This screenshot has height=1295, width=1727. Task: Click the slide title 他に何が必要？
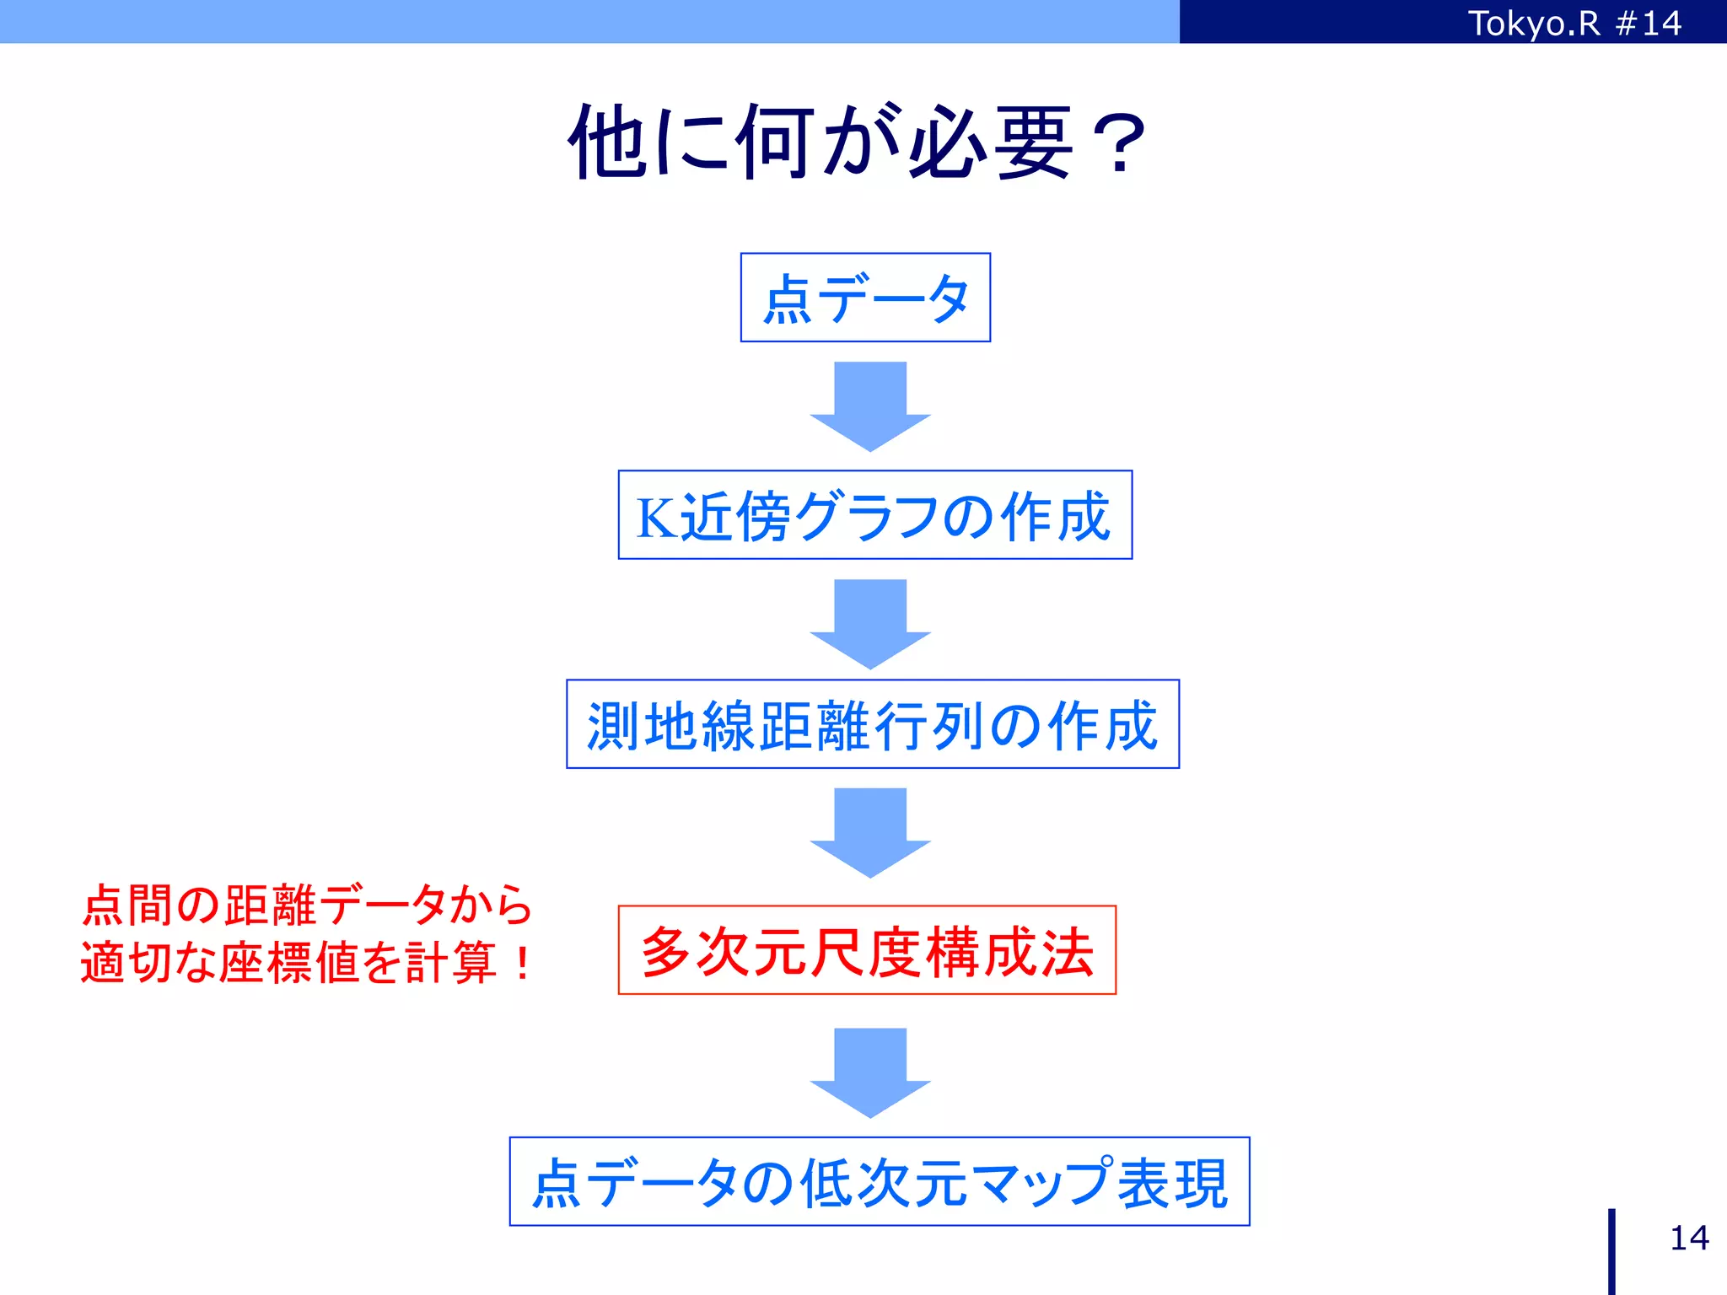point(857,142)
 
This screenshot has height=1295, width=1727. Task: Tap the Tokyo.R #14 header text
point(1574,23)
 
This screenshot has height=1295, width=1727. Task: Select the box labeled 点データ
point(865,298)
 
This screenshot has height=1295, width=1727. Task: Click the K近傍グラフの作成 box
point(874,515)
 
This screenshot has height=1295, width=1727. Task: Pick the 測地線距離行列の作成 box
point(872,724)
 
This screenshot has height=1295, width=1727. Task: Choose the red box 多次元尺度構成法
point(867,950)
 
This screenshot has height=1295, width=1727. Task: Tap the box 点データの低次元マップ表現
point(879,1181)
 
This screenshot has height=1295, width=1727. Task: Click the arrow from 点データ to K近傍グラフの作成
point(870,406)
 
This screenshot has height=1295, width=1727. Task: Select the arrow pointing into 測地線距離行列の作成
point(870,623)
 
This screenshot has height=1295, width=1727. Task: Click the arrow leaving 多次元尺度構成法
point(870,1072)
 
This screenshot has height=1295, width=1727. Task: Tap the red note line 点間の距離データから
point(307,905)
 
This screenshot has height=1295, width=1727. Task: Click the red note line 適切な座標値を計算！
point(307,962)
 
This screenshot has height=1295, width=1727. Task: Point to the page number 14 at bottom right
point(1689,1238)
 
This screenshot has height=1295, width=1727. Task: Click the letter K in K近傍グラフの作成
point(656,517)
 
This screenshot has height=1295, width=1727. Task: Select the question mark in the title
point(1117,145)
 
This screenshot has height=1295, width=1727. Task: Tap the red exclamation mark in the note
point(522,963)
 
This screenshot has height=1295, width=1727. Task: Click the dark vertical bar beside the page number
point(1611,1251)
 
